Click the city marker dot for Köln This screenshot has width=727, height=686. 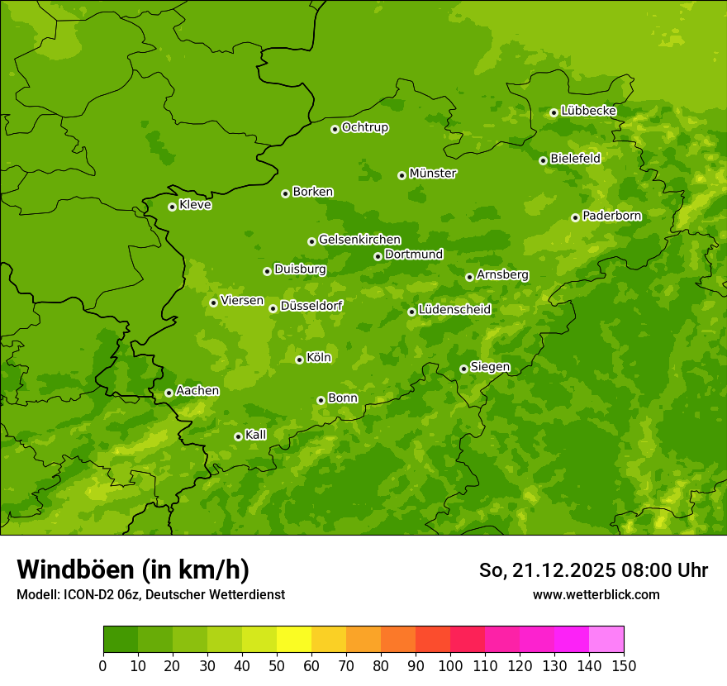[299, 360]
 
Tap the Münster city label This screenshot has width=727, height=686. [433, 174]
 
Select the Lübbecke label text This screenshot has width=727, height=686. [588, 111]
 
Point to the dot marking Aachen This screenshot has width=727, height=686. [169, 393]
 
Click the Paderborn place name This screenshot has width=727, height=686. [611, 216]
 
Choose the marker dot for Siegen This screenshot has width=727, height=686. [463, 369]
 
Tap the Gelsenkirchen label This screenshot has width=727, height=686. [359, 240]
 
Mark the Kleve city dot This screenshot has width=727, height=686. [172, 207]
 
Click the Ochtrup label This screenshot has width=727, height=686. [364, 127]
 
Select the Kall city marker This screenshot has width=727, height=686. [238, 436]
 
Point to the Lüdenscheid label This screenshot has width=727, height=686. [454, 310]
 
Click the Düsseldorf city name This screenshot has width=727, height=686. [311, 306]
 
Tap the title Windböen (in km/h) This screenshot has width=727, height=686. [133, 569]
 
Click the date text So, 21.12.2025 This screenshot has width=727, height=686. [546, 570]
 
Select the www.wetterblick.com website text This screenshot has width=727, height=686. [596, 594]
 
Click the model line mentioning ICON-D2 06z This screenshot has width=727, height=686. [150, 594]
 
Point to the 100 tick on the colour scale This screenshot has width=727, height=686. [450, 665]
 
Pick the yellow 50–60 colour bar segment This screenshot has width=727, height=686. [294, 640]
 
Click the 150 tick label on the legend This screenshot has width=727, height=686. [624, 665]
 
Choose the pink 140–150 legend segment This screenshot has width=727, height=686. [606, 640]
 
